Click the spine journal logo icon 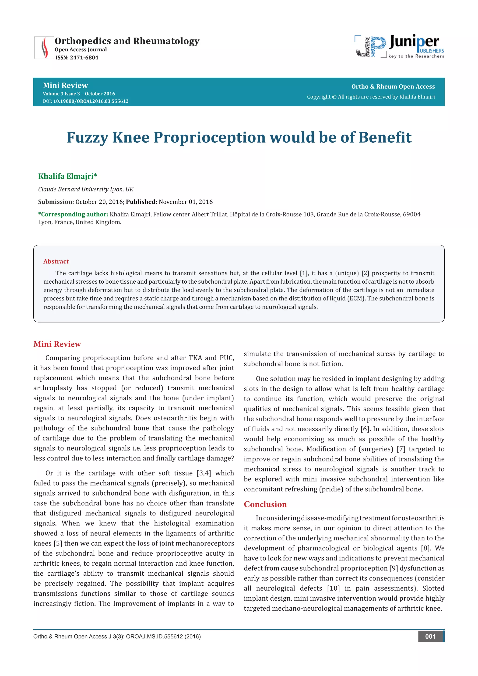click(x=44, y=47)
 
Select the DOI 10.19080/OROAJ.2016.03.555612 click(x=91, y=101)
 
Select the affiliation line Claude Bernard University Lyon click(x=86, y=189)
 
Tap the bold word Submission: click(x=56, y=202)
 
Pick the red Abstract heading click(x=56, y=261)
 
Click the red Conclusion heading click(x=265, y=504)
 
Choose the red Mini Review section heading click(x=57, y=344)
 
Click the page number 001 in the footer click(x=430, y=637)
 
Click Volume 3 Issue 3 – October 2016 click(x=79, y=94)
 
